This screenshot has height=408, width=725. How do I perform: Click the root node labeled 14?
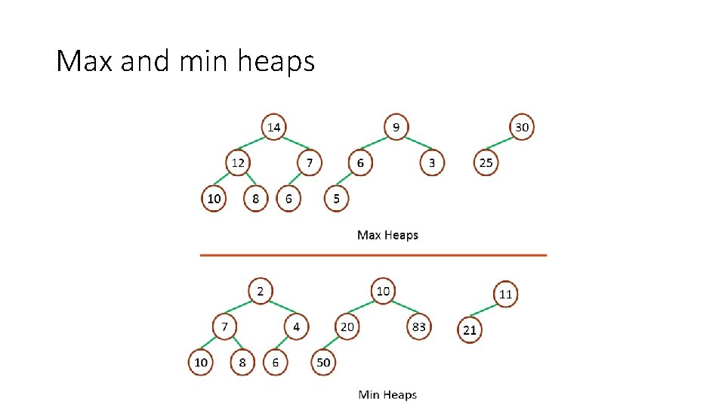coord(273,127)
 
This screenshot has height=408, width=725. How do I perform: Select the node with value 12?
coord(238,162)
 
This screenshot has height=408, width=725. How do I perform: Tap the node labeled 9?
coord(396,127)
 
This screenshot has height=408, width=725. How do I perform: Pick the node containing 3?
coord(431,162)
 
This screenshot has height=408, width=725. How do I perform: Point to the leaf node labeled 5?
coord(336,199)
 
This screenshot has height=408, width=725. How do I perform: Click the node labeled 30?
coord(521,127)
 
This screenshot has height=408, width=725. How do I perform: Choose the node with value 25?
coord(486,162)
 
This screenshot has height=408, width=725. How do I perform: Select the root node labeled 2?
coord(260,291)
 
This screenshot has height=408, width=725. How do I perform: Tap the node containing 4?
coord(296,327)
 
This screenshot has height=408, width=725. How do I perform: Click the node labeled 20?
coord(347,327)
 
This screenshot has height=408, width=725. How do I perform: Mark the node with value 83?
coord(418,327)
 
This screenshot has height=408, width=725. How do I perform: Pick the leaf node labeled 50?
coord(323,363)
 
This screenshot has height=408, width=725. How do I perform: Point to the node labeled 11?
coord(505,294)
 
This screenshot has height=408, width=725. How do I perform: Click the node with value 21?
coord(470,330)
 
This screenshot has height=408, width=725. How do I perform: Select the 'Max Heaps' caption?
coord(387,235)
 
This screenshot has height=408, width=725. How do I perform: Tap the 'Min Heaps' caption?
coord(387,394)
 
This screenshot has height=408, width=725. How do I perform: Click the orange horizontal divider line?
coord(373,255)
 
